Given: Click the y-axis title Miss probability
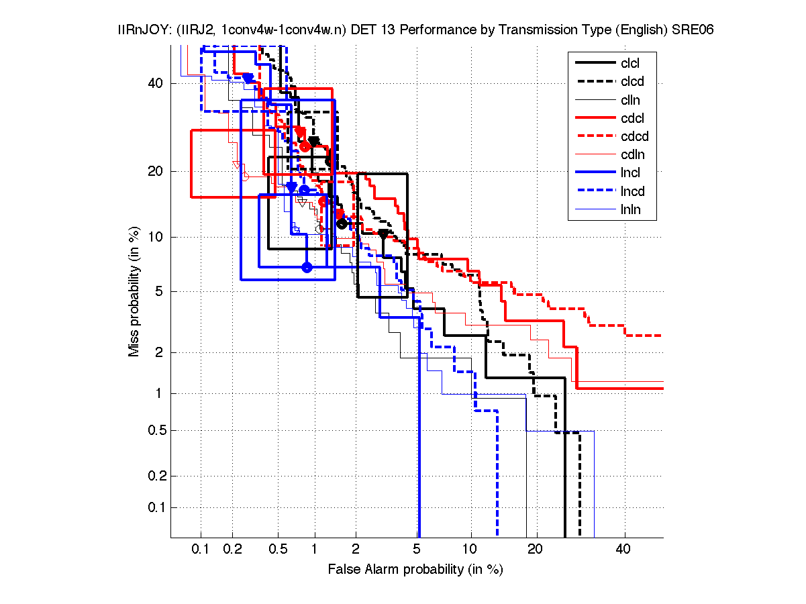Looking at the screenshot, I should pos(135,291).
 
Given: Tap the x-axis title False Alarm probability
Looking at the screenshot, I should pos(415,570).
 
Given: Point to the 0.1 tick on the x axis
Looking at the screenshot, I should pos(201,549).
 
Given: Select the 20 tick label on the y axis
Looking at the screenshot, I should pos(155,171).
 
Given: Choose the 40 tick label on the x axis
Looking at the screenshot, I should pos(624,549).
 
